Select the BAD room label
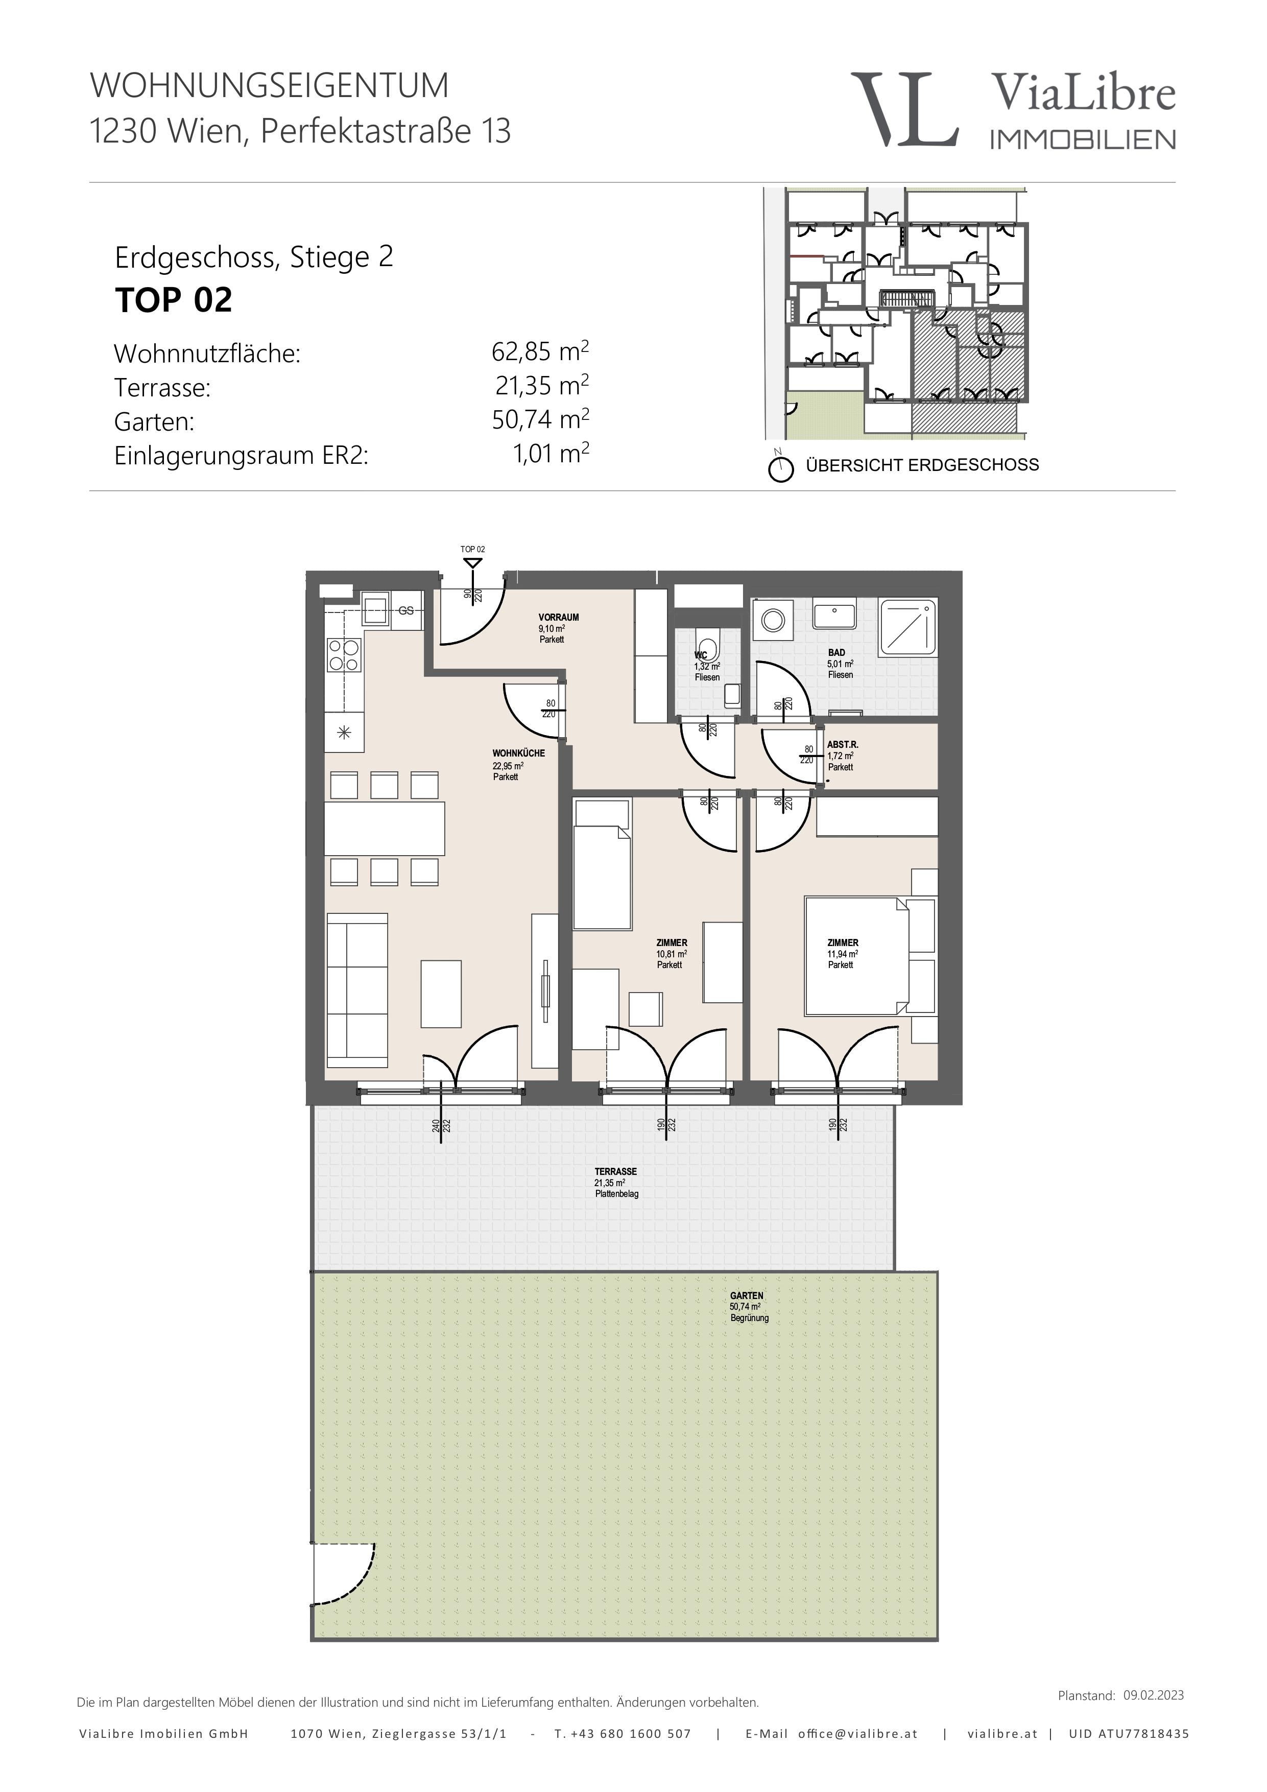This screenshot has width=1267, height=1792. (x=836, y=652)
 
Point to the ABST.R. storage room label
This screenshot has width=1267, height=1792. (x=843, y=745)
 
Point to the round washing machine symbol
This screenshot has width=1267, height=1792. (x=773, y=620)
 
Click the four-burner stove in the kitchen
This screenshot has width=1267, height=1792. (x=344, y=655)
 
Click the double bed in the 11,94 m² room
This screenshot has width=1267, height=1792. (x=856, y=956)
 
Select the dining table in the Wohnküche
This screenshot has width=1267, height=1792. (x=385, y=828)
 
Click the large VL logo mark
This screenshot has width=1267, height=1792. (x=905, y=109)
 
